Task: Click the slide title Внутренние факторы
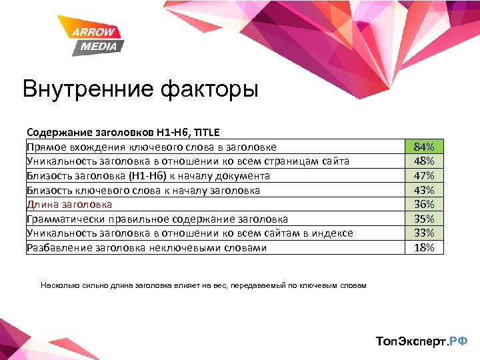[x=139, y=89]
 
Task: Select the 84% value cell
[x=424, y=147]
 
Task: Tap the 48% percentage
[x=424, y=161]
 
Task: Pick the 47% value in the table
[x=424, y=176]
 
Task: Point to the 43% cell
[x=424, y=190]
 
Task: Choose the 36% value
[x=424, y=205]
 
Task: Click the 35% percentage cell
[x=424, y=219]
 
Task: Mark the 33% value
[x=424, y=233]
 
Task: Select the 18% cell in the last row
[x=424, y=247]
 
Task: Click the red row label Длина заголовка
[x=69, y=205]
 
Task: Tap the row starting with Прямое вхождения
[x=151, y=147]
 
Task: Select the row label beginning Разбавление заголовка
[x=147, y=248]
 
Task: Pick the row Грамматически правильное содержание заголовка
[x=157, y=219]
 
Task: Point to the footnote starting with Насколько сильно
[x=203, y=285]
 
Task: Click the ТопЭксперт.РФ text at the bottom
[x=422, y=342]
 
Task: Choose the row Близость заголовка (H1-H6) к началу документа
[x=148, y=176]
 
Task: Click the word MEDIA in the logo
[x=99, y=46]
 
